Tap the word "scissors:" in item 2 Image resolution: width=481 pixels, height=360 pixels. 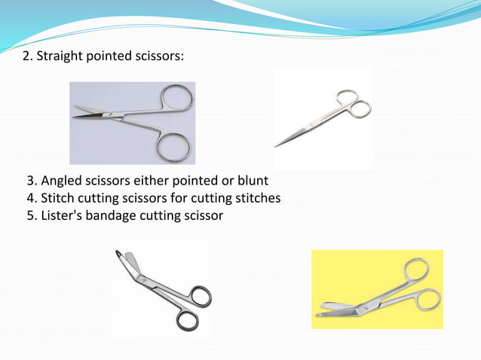(156, 58)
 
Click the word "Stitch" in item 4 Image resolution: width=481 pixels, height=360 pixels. (60, 199)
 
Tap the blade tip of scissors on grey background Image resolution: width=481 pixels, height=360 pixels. (75, 117)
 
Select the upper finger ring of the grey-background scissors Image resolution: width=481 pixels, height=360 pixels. (178, 99)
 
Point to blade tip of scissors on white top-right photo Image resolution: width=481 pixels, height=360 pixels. (277, 145)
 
